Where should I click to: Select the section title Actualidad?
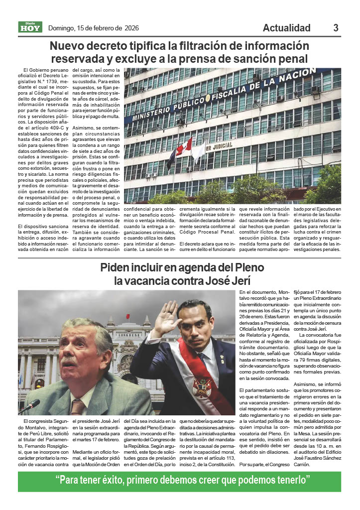pos(286,28)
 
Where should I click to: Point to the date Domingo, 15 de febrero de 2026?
pos(93,28)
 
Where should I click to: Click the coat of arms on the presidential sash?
pos(201,386)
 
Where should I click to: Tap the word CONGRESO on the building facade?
pos(127,335)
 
